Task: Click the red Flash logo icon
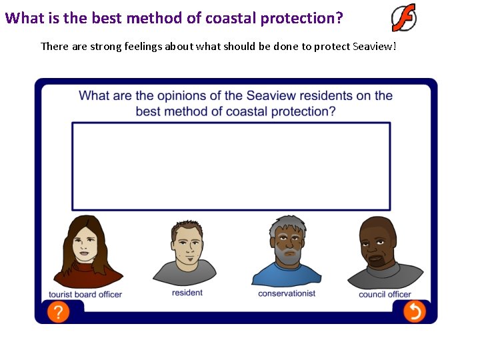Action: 404,17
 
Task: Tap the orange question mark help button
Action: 58,311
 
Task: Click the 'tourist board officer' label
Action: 85,295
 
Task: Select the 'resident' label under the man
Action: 187,293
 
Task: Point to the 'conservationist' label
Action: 287,293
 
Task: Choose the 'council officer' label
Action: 385,295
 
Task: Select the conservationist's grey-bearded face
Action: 287,241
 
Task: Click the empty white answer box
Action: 231,166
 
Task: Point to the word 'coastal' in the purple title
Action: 230,18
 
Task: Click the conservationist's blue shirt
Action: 287,275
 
